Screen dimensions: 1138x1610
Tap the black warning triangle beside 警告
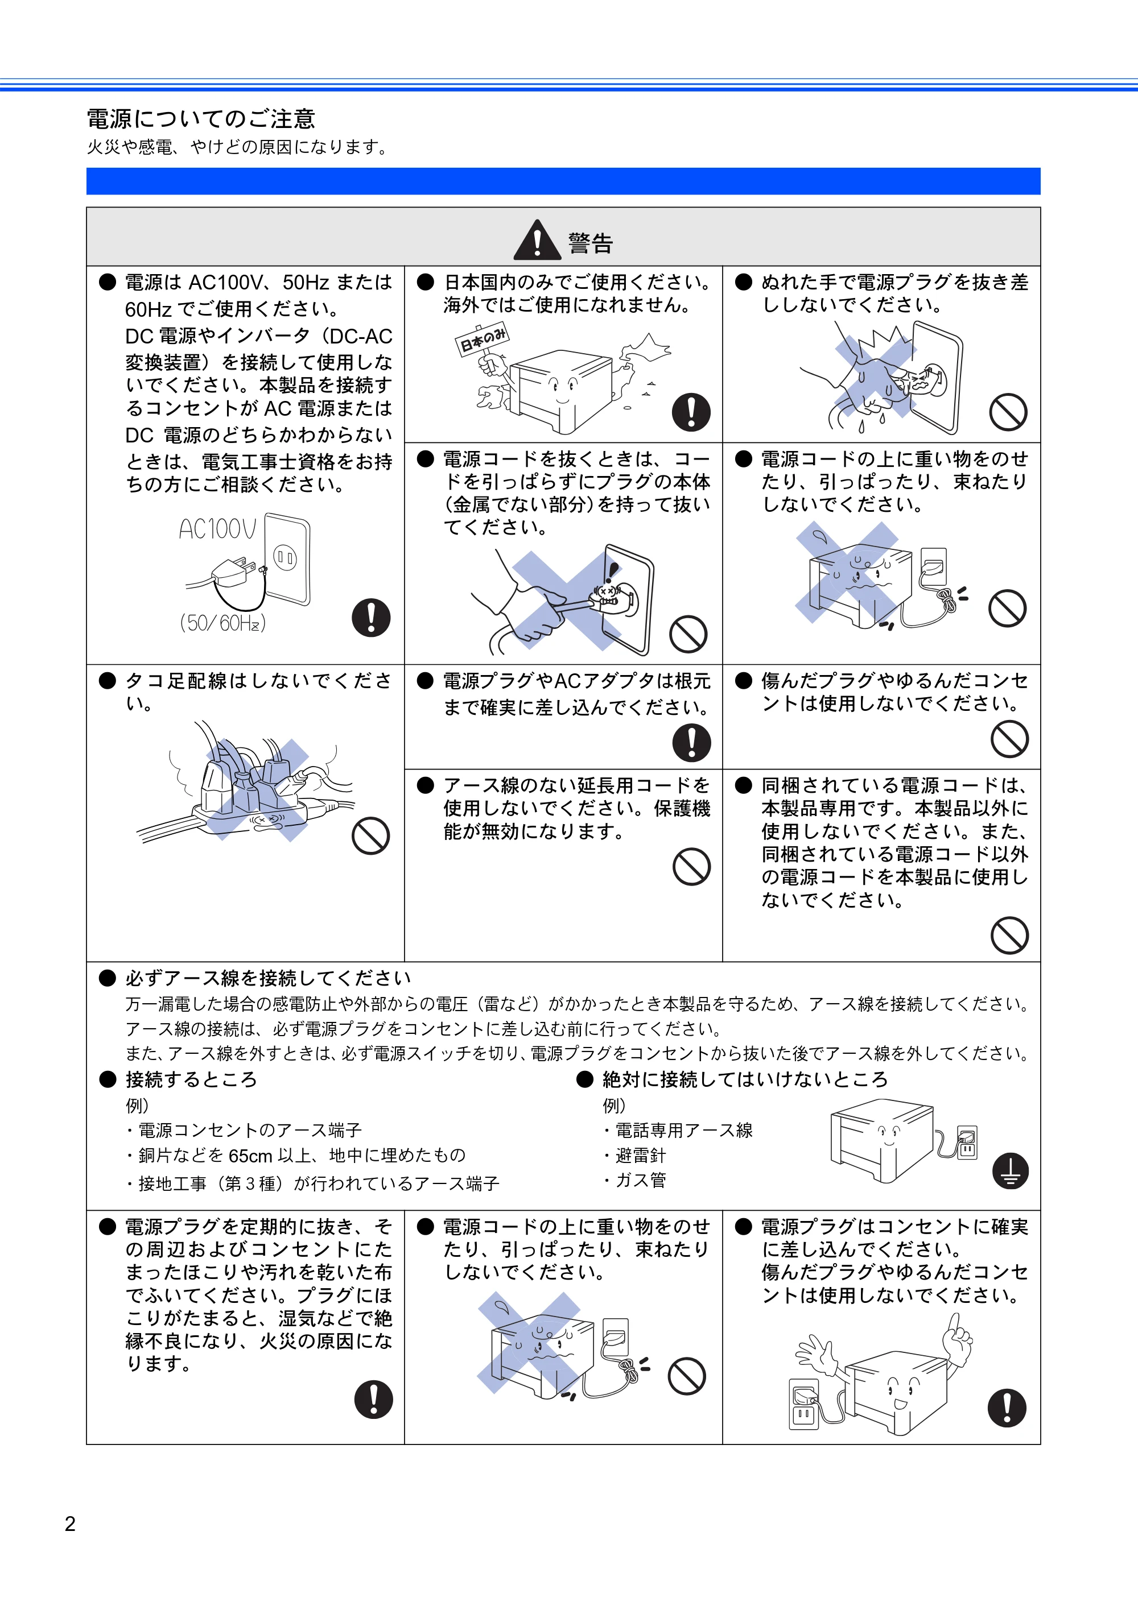click(537, 240)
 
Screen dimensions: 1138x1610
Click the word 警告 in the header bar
click(590, 243)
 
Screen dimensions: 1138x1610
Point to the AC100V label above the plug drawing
click(217, 529)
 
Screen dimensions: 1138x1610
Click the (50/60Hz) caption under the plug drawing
click(223, 623)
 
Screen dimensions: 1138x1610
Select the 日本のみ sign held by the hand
click(483, 340)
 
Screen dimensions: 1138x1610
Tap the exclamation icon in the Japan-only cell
click(691, 412)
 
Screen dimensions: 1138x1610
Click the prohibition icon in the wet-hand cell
click(1008, 412)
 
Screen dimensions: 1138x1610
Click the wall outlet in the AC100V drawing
click(286, 559)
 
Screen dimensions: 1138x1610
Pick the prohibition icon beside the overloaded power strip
click(370, 835)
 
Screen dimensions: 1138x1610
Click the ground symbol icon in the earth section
click(1011, 1171)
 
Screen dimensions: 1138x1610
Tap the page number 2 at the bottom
click(70, 1524)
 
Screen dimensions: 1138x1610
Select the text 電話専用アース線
click(684, 1131)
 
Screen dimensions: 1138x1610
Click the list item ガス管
click(641, 1180)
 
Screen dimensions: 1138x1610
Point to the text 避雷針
click(641, 1155)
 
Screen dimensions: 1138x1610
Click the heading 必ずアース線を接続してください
click(268, 978)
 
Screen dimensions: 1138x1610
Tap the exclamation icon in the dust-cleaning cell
click(373, 1399)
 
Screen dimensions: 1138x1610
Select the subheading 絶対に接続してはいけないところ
click(745, 1079)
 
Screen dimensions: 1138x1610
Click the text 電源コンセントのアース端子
click(250, 1131)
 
